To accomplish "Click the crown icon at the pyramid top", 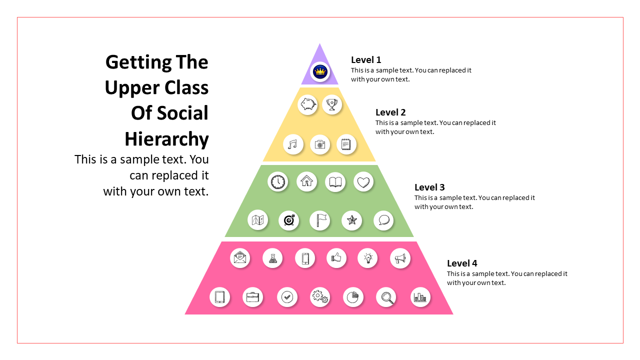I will [x=320, y=71].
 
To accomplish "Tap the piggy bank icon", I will [x=308, y=104].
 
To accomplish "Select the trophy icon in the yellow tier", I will [x=331, y=104].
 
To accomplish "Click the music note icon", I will [x=293, y=144].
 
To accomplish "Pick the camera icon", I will [x=320, y=144].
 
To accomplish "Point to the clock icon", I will [x=278, y=181].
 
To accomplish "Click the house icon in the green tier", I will [x=307, y=181].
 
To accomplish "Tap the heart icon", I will [x=363, y=181].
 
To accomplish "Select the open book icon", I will [x=335, y=182].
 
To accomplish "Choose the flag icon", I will [x=320, y=220].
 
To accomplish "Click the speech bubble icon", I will [x=384, y=220].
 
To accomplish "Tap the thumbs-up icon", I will [x=336, y=258].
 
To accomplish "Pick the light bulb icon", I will [x=368, y=258].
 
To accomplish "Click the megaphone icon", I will [x=400, y=258].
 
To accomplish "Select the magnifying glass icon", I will [x=386, y=297].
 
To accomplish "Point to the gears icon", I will [x=320, y=297].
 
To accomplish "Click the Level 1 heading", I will [x=366, y=60].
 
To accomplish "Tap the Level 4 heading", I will [x=462, y=263].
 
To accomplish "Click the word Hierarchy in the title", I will [x=166, y=138].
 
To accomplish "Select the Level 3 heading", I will [x=429, y=187].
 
